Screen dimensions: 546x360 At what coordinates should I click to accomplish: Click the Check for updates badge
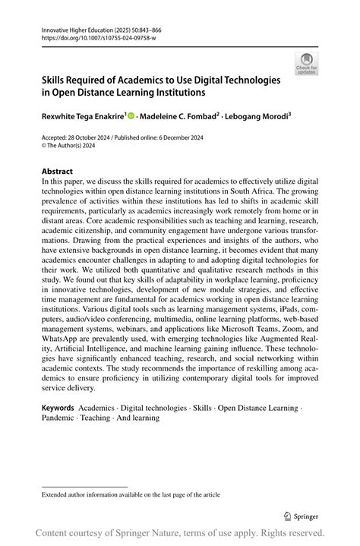click(306, 64)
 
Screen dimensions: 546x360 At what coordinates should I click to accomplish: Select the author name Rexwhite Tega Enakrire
click(82, 116)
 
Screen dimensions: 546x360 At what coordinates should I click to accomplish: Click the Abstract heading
click(58, 172)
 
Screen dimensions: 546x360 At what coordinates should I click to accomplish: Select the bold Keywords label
click(58, 408)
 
